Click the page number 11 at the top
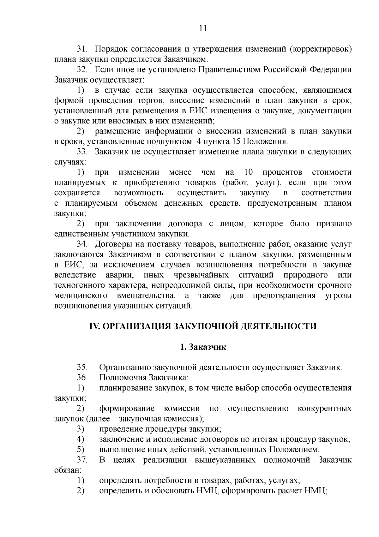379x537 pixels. (203, 28)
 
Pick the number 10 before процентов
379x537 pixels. (249, 172)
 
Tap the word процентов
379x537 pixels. (282, 172)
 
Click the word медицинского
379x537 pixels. (80, 296)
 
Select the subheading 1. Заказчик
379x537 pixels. (203, 347)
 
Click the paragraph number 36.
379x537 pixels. (82, 378)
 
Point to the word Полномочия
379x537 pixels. (123, 378)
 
